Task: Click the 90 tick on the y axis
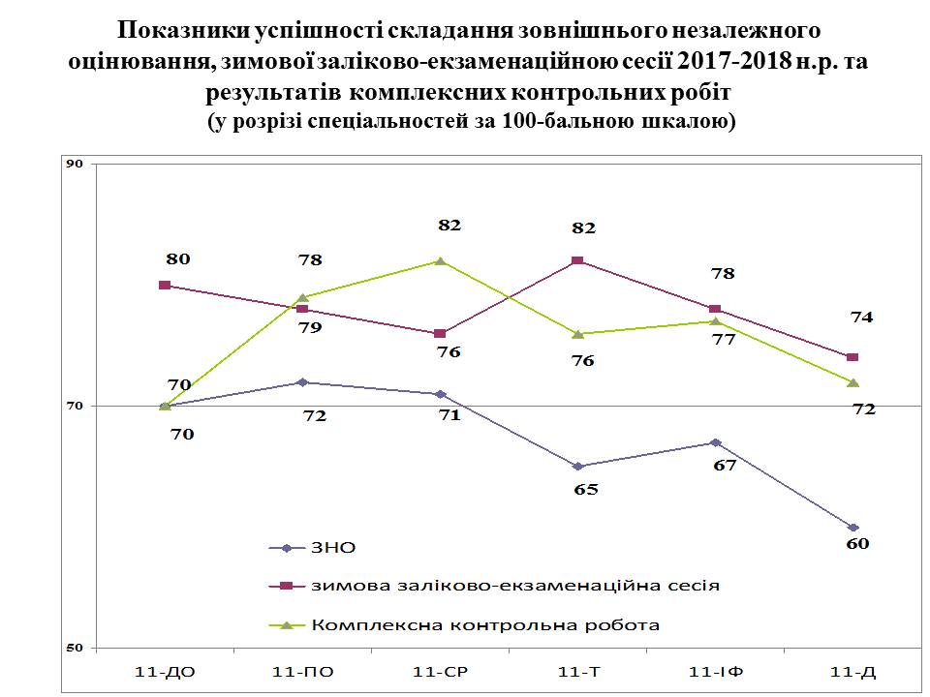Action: coord(74,164)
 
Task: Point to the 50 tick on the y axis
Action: coord(74,648)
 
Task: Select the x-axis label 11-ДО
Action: coord(166,670)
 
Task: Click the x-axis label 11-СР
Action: coord(441,670)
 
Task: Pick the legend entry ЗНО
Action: coord(333,548)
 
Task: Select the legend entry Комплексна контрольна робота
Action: coord(485,624)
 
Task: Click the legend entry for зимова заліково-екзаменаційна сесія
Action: coord(514,586)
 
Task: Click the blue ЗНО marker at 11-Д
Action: coord(852,528)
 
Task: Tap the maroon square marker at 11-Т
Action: coord(577,261)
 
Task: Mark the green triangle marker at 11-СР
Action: coord(441,260)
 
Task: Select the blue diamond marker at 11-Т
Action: coord(577,467)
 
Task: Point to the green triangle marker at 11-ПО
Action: coord(303,297)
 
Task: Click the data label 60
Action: coord(857,544)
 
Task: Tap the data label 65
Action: coord(586,489)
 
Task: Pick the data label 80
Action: coord(178,258)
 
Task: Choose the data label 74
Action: coord(862,317)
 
